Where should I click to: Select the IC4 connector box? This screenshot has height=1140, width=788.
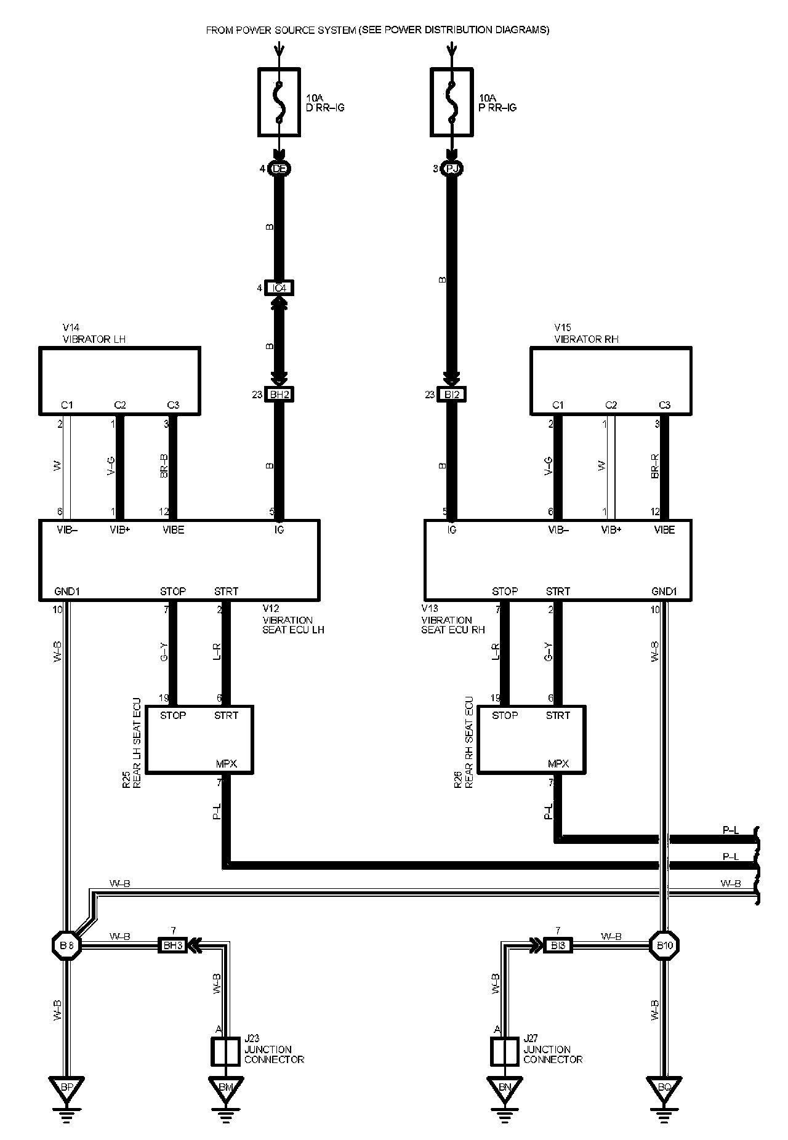click(279, 287)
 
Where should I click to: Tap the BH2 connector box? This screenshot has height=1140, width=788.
click(279, 395)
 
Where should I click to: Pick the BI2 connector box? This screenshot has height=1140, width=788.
click(452, 395)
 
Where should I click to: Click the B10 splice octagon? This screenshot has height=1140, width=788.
click(664, 945)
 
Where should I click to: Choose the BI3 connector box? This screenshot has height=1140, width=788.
click(558, 945)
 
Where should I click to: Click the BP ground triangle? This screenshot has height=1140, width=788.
click(66, 1087)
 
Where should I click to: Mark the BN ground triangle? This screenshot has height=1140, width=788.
click(505, 1087)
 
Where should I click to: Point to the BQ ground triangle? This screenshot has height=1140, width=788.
click(664, 1087)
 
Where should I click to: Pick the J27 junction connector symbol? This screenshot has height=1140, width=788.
click(505, 1051)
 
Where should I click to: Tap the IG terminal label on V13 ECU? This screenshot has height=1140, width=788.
click(452, 529)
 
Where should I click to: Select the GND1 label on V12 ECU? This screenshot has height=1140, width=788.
click(67, 592)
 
